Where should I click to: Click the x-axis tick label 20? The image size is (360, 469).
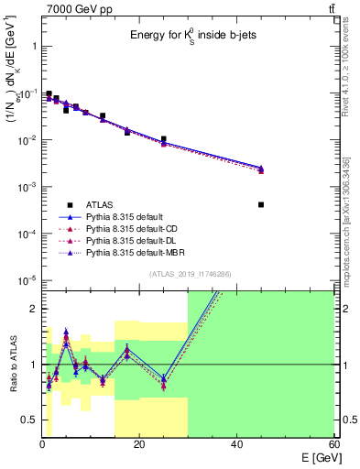click(138, 444)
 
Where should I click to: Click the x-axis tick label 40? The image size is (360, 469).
click(236, 444)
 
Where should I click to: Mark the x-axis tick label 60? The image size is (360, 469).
click(333, 444)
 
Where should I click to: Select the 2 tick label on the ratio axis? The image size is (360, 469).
click(35, 309)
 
